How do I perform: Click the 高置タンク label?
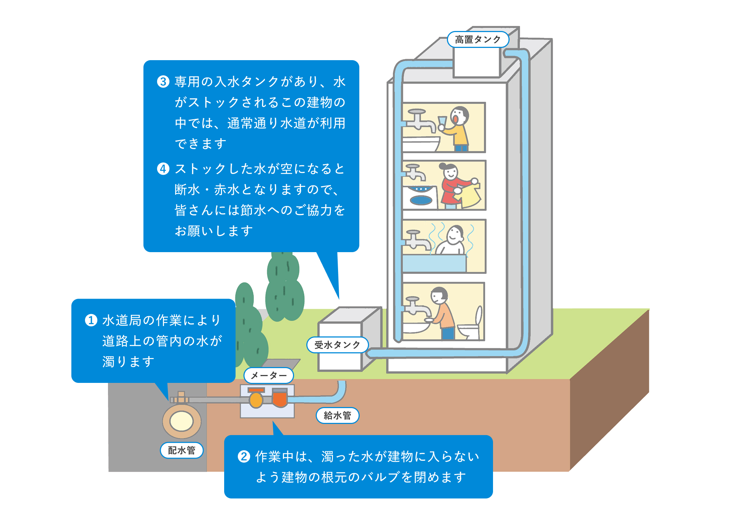click(478, 39)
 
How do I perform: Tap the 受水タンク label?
click(337, 345)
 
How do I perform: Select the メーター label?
click(268, 376)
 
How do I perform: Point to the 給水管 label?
click(337, 415)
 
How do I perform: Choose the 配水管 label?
click(182, 450)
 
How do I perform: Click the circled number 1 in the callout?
click(91, 320)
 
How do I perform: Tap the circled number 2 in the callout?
click(244, 456)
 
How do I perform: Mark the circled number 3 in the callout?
click(163, 81)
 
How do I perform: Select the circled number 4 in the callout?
click(163, 169)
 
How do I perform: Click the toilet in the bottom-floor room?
click(470, 328)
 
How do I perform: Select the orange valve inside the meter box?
click(280, 398)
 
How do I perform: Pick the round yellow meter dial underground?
click(256, 400)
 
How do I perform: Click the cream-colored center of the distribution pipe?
click(182, 421)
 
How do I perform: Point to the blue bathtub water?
click(434, 263)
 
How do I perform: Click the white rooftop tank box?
click(476, 62)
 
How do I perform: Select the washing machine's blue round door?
click(421, 200)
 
